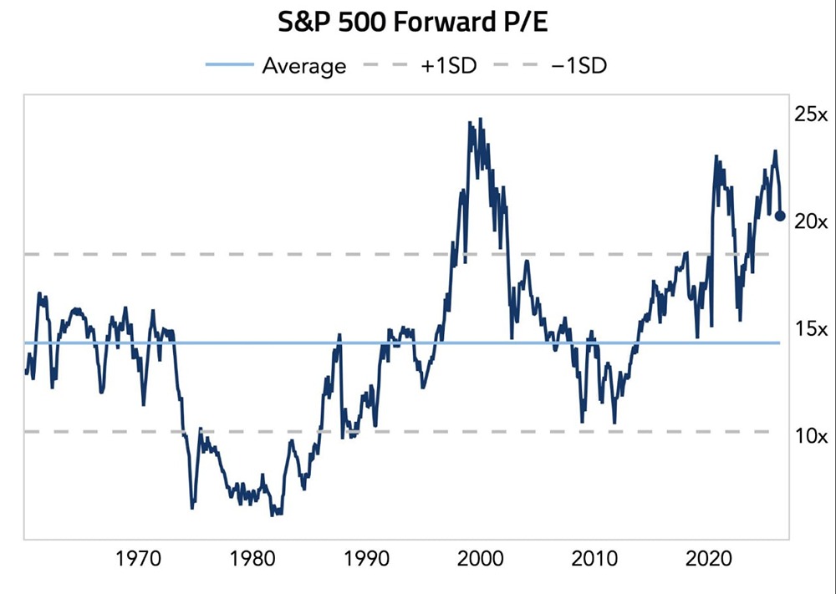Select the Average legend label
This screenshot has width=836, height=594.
pos(303,66)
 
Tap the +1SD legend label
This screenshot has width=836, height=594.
pos(448,66)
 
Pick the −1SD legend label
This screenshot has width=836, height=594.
pos(579,66)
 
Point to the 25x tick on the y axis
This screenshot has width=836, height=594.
pos(809,114)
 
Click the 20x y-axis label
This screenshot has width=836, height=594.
pos(809,221)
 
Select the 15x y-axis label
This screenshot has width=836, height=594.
pos(809,328)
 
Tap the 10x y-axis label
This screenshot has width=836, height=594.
pos(809,435)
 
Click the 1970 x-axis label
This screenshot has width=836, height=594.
pos(139,559)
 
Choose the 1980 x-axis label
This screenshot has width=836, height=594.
pos(252,559)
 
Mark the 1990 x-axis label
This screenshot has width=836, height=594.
pos(366,559)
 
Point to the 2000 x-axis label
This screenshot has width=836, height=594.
pos(481,559)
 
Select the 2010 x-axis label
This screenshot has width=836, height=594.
pos(594,559)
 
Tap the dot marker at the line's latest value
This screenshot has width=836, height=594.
pos(780,216)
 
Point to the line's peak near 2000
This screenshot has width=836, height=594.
pos(480,119)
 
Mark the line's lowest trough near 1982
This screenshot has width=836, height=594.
pos(273,515)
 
